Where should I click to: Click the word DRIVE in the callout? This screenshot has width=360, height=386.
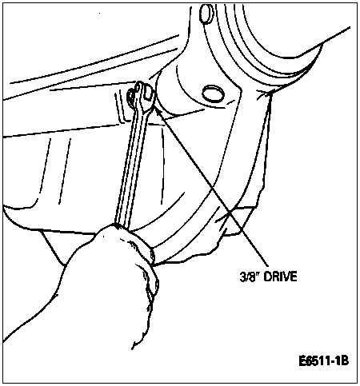tap(281, 277)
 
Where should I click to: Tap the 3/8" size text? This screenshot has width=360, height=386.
tap(250, 277)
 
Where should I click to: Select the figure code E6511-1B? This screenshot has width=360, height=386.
tap(324, 361)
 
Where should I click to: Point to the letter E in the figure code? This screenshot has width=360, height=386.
tap(302, 361)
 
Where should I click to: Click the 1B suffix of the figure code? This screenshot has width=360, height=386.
tap(343, 361)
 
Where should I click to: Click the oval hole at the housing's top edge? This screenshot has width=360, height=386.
tap(206, 14)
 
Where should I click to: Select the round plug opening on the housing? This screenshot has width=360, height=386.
tap(213, 94)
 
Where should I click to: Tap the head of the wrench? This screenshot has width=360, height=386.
tap(142, 97)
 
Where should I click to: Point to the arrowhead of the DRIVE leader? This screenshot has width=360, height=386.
tap(155, 106)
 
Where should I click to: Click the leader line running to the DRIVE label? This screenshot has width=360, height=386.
tap(210, 185)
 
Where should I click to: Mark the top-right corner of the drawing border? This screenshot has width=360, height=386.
tap(358, 2)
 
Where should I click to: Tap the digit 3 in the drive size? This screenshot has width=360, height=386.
tap(242, 277)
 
